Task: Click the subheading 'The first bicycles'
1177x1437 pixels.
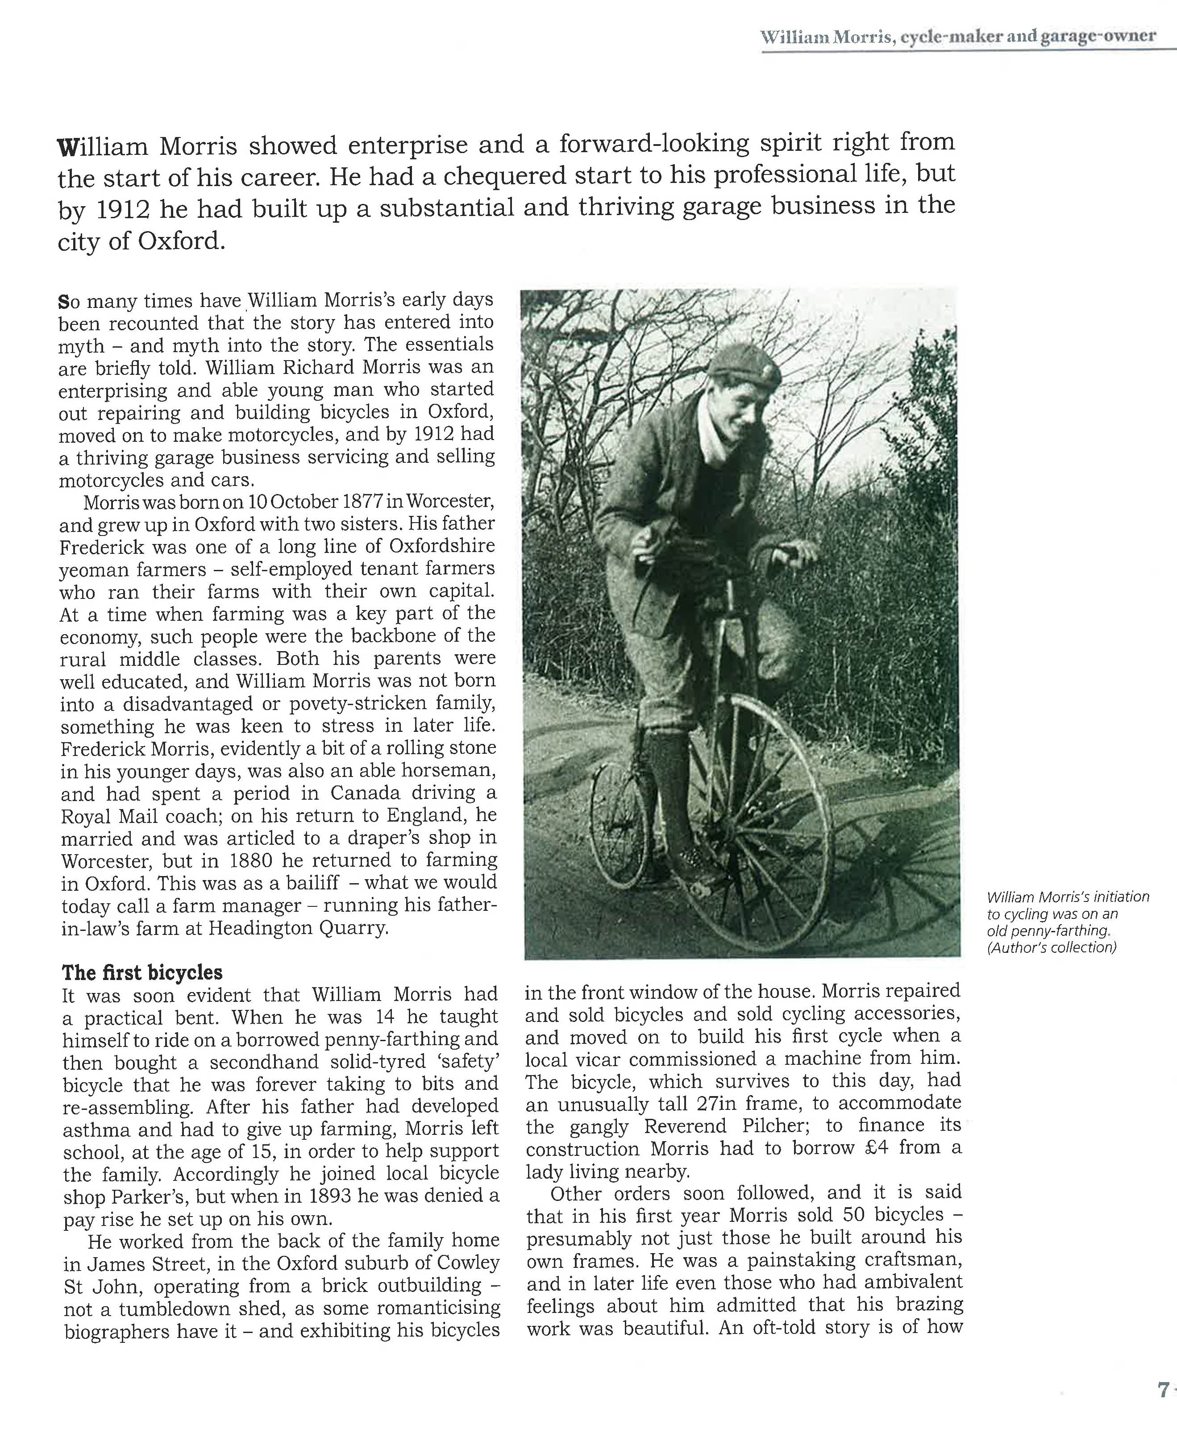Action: pos(142,973)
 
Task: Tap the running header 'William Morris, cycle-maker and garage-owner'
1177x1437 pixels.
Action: pos(958,37)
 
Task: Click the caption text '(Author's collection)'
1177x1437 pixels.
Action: pos(1051,947)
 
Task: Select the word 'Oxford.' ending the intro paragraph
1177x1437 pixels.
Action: pos(181,241)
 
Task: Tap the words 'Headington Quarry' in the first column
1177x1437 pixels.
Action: pos(298,928)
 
